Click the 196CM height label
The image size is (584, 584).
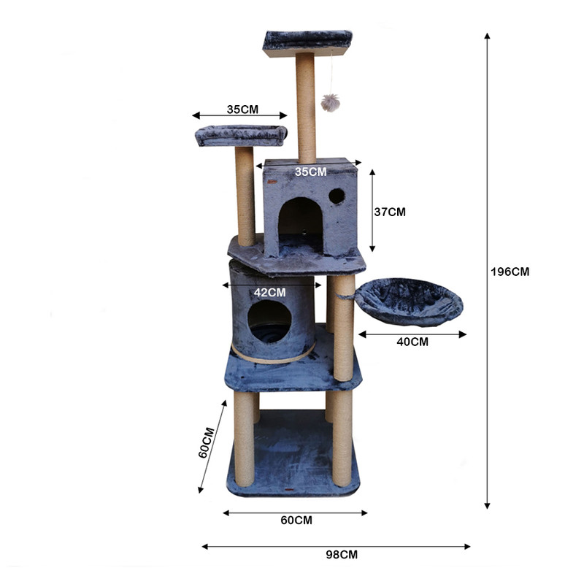click(x=510, y=272)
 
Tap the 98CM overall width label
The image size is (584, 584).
click(x=342, y=555)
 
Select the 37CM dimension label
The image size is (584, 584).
click(x=390, y=212)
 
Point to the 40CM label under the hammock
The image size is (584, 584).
click(x=412, y=342)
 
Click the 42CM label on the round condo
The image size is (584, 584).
click(x=269, y=293)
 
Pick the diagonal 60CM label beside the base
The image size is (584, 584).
click(x=207, y=442)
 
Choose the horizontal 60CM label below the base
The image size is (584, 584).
click(x=296, y=520)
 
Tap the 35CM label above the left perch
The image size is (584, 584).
click(x=242, y=109)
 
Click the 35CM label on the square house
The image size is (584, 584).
click(x=311, y=172)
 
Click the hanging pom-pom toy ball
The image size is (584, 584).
click(x=331, y=103)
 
